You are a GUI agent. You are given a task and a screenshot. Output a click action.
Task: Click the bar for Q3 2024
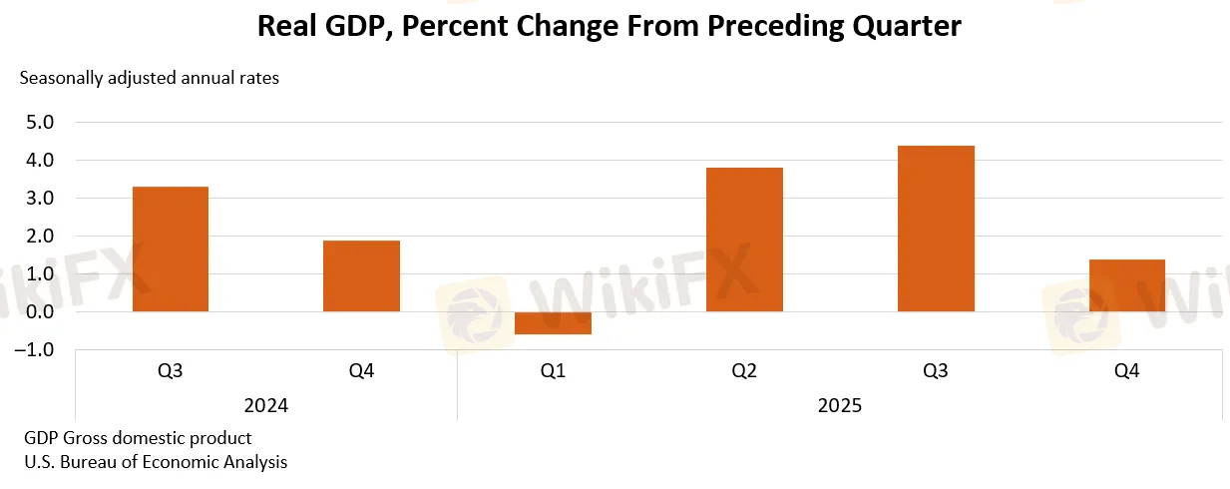pos(171,249)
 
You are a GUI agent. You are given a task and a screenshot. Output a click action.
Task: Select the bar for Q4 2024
pos(361,276)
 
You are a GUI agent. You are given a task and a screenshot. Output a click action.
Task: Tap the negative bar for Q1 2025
pos(553,322)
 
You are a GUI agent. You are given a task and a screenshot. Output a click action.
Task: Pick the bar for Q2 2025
pos(744,240)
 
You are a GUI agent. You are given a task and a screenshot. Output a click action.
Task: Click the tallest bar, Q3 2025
pos(936,229)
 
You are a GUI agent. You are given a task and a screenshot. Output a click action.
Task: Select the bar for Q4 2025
pos(1126,285)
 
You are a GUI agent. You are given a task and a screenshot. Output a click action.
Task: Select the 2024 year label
pos(266,406)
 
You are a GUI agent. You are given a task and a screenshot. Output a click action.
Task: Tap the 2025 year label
pos(839,406)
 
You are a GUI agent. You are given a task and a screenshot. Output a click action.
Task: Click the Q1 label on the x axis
pos(553,371)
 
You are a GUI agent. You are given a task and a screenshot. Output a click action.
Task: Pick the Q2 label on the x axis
pos(744,371)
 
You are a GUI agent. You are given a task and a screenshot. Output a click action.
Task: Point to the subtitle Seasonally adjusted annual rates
pos(150,78)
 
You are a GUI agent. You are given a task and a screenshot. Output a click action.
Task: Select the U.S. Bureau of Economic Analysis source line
pos(154,462)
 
